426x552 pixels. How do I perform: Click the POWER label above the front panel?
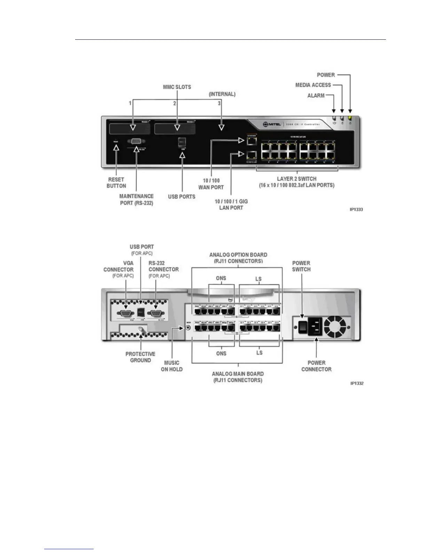pyautogui.click(x=326, y=75)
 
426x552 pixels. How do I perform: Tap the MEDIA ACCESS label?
pyautogui.click(x=313, y=85)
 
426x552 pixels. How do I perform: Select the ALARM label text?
pyautogui.click(x=316, y=95)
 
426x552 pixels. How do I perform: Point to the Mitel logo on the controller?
pyautogui.click(x=271, y=124)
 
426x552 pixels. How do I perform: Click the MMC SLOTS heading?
pyautogui.click(x=177, y=87)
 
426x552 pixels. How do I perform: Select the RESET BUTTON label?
pyautogui.click(x=116, y=183)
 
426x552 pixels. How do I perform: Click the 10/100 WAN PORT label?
pyautogui.click(x=211, y=184)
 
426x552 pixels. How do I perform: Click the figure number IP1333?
pyautogui.click(x=356, y=209)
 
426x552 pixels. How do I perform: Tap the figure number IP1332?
pyautogui.click(x=357, y=383)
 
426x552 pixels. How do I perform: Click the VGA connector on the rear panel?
pyautogui.click(x=126, y=313)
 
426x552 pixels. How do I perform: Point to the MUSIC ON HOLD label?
pyautogui.click(x=172, y=366)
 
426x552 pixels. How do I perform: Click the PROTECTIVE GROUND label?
pyautogui.click(x=140, y=357)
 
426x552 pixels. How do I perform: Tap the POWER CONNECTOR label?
pyautogui.click(x=316, y=366)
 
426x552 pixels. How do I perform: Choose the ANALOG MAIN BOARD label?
pyautogui.click(x=238, y=377)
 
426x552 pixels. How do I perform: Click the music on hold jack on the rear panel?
pyautogui.click(x=189, y=328)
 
